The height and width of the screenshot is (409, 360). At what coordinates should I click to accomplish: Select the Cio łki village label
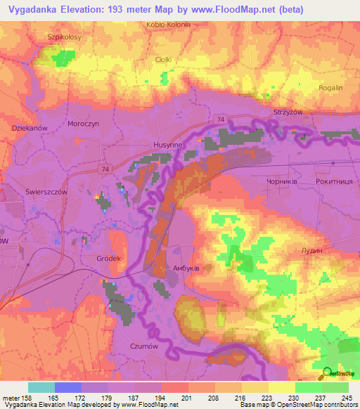coord(163,60)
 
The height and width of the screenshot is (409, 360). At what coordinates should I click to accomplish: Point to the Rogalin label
coord(330,88)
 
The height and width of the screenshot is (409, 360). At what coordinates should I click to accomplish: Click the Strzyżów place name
coord(287,112)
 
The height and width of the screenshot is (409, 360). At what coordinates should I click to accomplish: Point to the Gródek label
coord(110,259)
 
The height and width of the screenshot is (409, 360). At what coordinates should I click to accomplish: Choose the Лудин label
coord(310,250)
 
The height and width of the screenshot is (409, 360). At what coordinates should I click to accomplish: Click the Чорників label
coord(282,181)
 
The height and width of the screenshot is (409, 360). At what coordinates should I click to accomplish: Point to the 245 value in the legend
coord(347,398)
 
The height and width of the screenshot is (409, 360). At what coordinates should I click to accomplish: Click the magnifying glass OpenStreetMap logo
coord(327,374)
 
